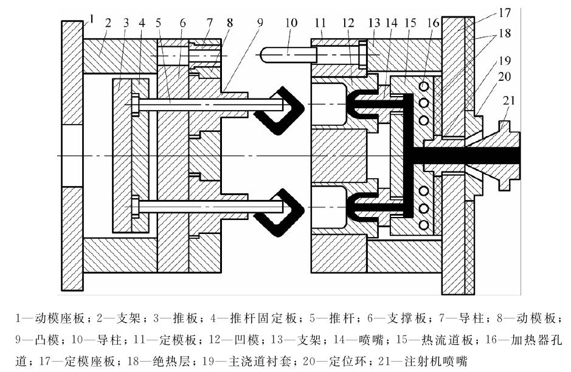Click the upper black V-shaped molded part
click(277, 109)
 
